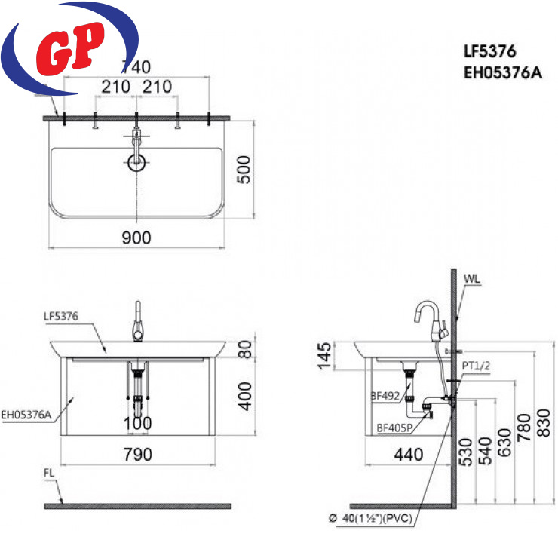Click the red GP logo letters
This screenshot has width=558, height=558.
[x=70, y=48]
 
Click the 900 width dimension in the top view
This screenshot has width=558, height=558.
[x=136, y=238]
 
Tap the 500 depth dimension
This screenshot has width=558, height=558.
[x=244, y=170]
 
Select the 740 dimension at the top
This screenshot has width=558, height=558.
[x=136, y=67]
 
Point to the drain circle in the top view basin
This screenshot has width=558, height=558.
[x=136, y=163]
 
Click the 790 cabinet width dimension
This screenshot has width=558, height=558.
[x=138, y=455]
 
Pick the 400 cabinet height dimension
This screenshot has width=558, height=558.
[x=245, y=397]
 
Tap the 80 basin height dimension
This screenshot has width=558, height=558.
[x=245, y=349]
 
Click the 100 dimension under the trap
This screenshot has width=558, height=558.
[x=138, y=424]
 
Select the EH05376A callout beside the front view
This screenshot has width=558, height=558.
[x=26, y=415]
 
